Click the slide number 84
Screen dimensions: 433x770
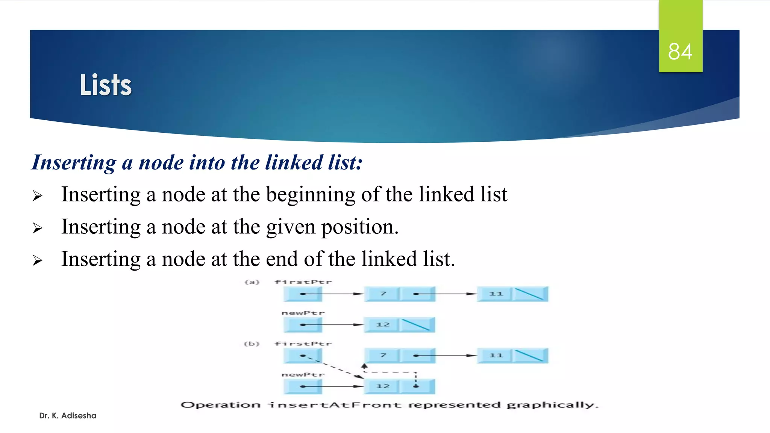point(680,51)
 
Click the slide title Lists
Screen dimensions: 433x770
point(106,85)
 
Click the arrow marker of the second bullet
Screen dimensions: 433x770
point(37,228)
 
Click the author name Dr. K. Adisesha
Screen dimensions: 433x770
point(68,415)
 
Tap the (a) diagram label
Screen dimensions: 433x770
point(252,282)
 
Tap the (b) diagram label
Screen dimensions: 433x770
point(252,344)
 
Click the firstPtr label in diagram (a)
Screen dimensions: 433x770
point(303,282)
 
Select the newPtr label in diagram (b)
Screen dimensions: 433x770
point(303,375)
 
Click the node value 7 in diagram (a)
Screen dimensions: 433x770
point(383,294)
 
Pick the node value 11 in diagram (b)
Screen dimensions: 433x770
point(496,355)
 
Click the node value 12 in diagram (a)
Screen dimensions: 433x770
point(383,324)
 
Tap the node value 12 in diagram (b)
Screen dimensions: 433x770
point(383,386)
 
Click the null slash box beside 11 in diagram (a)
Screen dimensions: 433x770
point(529,294)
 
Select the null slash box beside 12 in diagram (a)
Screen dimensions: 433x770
point(416,324)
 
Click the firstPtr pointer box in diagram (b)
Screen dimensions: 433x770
point(303,355)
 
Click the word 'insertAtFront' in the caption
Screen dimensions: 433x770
point(334,405)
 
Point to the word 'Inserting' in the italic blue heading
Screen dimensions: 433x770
point(74,162)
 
